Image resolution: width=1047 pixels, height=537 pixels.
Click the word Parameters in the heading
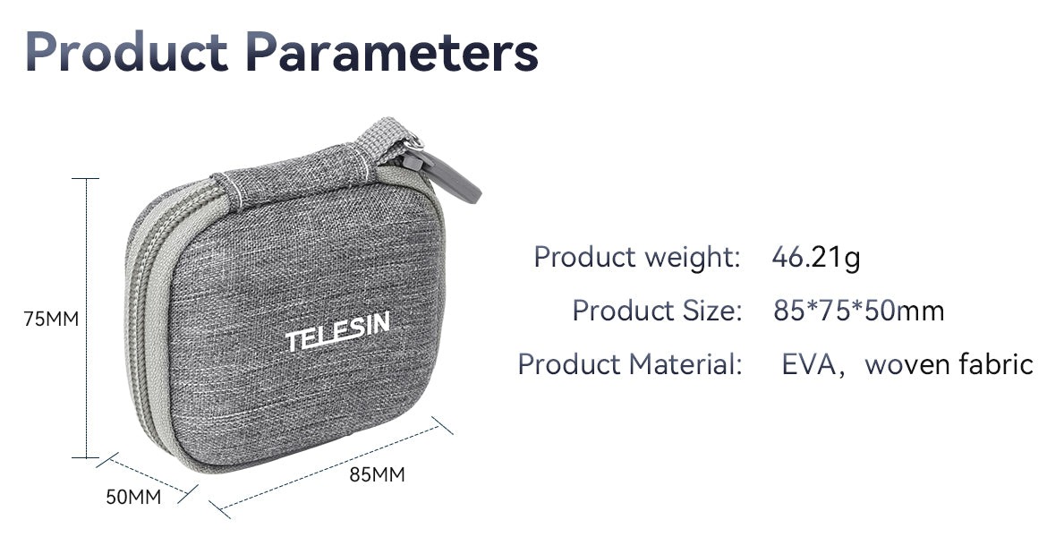point(392,52)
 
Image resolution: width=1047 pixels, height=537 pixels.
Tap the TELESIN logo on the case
point(338,331)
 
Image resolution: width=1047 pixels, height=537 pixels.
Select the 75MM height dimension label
point(51,320)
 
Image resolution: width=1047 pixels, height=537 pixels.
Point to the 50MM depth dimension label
point(133,497)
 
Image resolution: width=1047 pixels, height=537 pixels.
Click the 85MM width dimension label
point(378,475)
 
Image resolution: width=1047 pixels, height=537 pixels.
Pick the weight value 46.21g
point(816,258)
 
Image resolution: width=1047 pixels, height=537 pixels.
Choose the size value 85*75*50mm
point(859,311)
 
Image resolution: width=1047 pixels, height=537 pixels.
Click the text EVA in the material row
point(809,364)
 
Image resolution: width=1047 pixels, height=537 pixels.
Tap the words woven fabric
point(949,364)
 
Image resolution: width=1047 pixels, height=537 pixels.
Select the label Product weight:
point(637,258)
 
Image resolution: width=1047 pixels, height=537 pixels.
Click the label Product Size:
point(657,311)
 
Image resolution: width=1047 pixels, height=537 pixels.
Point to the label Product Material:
point(630,364)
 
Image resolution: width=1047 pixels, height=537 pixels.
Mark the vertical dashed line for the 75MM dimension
point(86,318)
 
